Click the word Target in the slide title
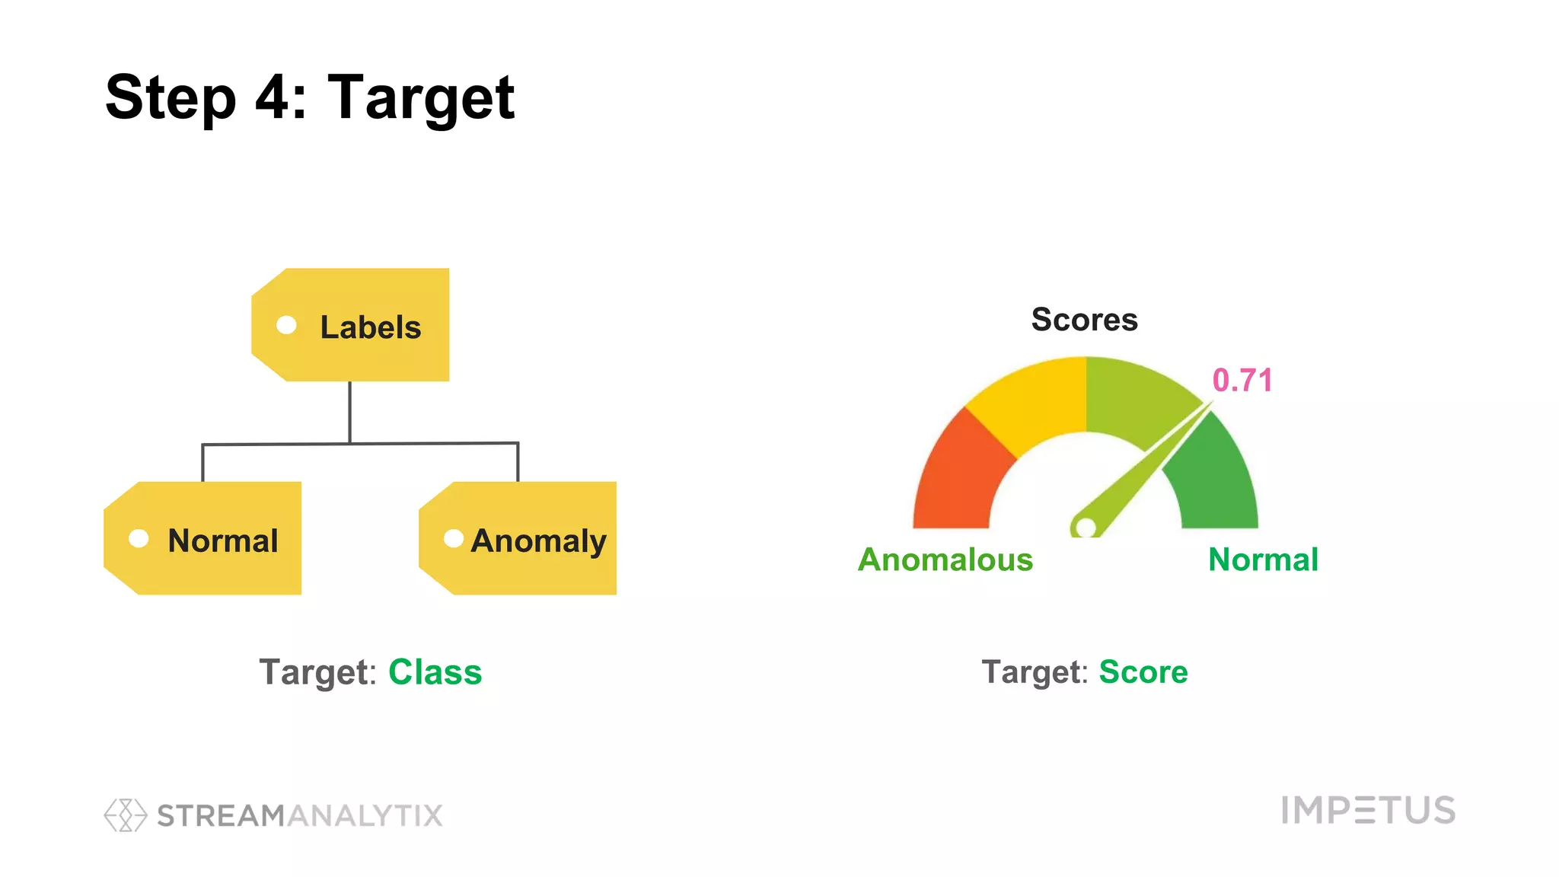(421, 97)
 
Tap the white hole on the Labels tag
(286, 325)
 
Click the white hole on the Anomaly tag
(454, 539)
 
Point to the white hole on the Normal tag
(139, 539)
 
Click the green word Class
(435, 672)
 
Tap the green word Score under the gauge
(1143, 672)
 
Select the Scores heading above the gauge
(1084, 320)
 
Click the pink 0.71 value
(1242, 381)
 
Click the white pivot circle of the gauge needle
(1086, 527)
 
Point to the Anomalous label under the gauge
(945, 560)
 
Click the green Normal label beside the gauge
(1263, 560)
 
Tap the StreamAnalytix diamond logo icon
(126, 815)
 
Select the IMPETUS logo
(1368, 810)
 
